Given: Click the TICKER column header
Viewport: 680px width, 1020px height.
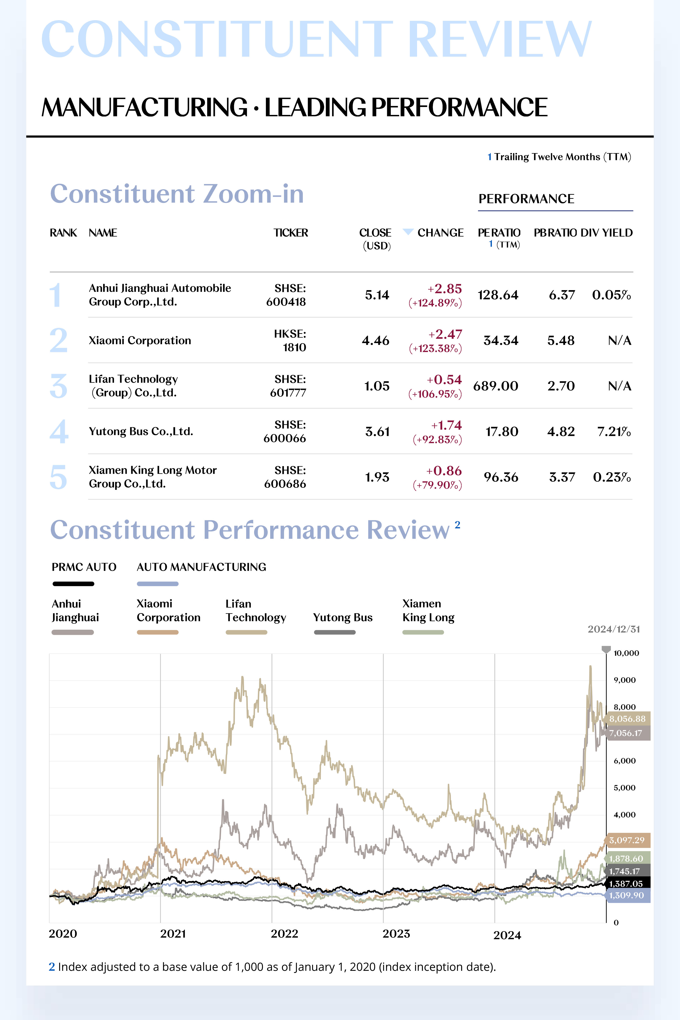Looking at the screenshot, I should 291,233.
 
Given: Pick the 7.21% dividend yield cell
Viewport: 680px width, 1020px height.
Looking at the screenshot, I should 614,432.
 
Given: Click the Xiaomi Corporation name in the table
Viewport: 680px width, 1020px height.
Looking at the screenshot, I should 140,340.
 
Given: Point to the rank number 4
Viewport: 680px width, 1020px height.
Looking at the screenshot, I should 59,432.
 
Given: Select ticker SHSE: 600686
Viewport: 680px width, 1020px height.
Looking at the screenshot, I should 285,477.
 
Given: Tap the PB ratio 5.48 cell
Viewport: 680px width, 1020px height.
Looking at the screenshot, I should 561,340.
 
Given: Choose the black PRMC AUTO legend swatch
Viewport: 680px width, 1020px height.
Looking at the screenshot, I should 73,584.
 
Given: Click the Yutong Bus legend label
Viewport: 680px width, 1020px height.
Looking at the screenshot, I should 342,617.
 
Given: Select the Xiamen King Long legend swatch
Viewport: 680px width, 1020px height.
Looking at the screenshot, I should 423,632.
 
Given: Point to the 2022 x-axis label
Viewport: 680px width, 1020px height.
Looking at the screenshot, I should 284,934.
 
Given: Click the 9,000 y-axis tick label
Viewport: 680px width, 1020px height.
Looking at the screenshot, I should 624,680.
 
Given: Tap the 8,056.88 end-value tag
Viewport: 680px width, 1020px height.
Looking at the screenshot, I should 627,719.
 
